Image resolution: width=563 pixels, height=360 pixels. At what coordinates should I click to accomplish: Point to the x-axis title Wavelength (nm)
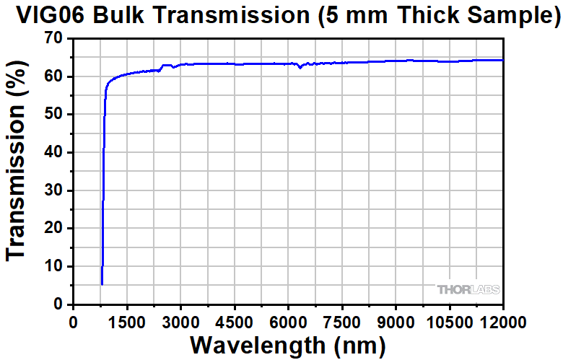pyautogui.click(x=287, y=344)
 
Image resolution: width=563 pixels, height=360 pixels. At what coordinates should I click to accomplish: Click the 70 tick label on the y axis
pyautogui.click(x=53, y=38)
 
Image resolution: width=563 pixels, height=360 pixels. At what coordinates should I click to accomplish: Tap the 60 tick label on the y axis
pyautogui.click(x=53, y=76)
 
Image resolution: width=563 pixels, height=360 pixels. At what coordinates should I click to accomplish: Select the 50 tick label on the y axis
pyautogui.click(x=53, y=114)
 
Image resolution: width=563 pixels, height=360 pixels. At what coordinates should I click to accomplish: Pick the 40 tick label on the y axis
pyautogui.click(x=53, y=152)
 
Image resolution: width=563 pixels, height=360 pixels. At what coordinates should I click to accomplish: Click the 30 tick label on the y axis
pyautogui.click(x=53, y=190)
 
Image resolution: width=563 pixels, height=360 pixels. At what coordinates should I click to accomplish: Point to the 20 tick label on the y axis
pyautogui.click(x=53, y=228)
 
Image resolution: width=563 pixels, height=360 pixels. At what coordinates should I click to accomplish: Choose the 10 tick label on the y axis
pyautogui.click(x=53, y=266)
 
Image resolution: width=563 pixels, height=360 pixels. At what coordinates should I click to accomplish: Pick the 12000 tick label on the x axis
pyautogui.click(x=502, y=320)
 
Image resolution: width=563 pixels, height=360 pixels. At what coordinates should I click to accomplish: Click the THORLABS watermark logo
pyautogui.click(x=468, y=289)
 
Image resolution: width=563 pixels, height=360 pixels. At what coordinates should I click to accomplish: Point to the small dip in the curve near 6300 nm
pyautogui.click(x=300, y=67)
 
